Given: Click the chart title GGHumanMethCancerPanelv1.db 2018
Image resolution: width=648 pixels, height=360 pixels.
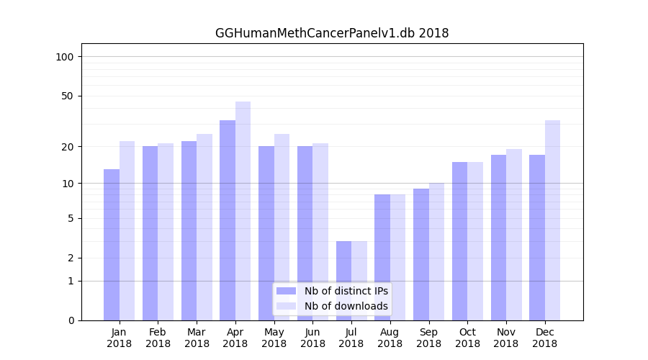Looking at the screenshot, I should tap(332, 33).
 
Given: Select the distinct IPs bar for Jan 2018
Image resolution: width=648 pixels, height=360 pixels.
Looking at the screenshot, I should tap(112, 245).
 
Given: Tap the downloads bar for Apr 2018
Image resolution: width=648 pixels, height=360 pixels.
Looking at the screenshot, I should tap(243, 211).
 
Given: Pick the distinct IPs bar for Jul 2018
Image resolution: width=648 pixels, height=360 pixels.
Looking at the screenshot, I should tap(343, 281).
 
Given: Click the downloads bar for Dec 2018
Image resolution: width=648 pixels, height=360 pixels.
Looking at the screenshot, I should tap(552, 220).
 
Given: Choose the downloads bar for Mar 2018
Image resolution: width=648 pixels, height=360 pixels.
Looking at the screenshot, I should tap(204, 227).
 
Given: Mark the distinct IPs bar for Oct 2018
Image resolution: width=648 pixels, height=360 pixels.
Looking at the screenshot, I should tap(460, 241).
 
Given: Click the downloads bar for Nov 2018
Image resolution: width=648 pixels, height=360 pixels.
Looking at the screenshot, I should tap(514, 235).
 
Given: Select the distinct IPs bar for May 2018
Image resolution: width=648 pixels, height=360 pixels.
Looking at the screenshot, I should tap(266, 233).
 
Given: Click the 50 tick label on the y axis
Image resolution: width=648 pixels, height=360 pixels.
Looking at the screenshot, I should tap(68, 96).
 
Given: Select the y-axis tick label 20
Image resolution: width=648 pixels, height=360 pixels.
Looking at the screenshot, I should tap(68, 147).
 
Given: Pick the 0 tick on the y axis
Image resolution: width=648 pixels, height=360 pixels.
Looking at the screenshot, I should tap(71, 320).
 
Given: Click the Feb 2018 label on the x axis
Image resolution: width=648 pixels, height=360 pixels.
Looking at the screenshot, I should tap(158, 338).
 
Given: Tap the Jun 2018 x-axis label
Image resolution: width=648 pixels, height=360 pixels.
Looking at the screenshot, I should tap(312, 338).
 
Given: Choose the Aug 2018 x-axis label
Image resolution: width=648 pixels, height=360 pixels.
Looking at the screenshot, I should tap(390, 338).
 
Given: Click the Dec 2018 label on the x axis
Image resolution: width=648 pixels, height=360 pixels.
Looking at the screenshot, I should tap(545, 338).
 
